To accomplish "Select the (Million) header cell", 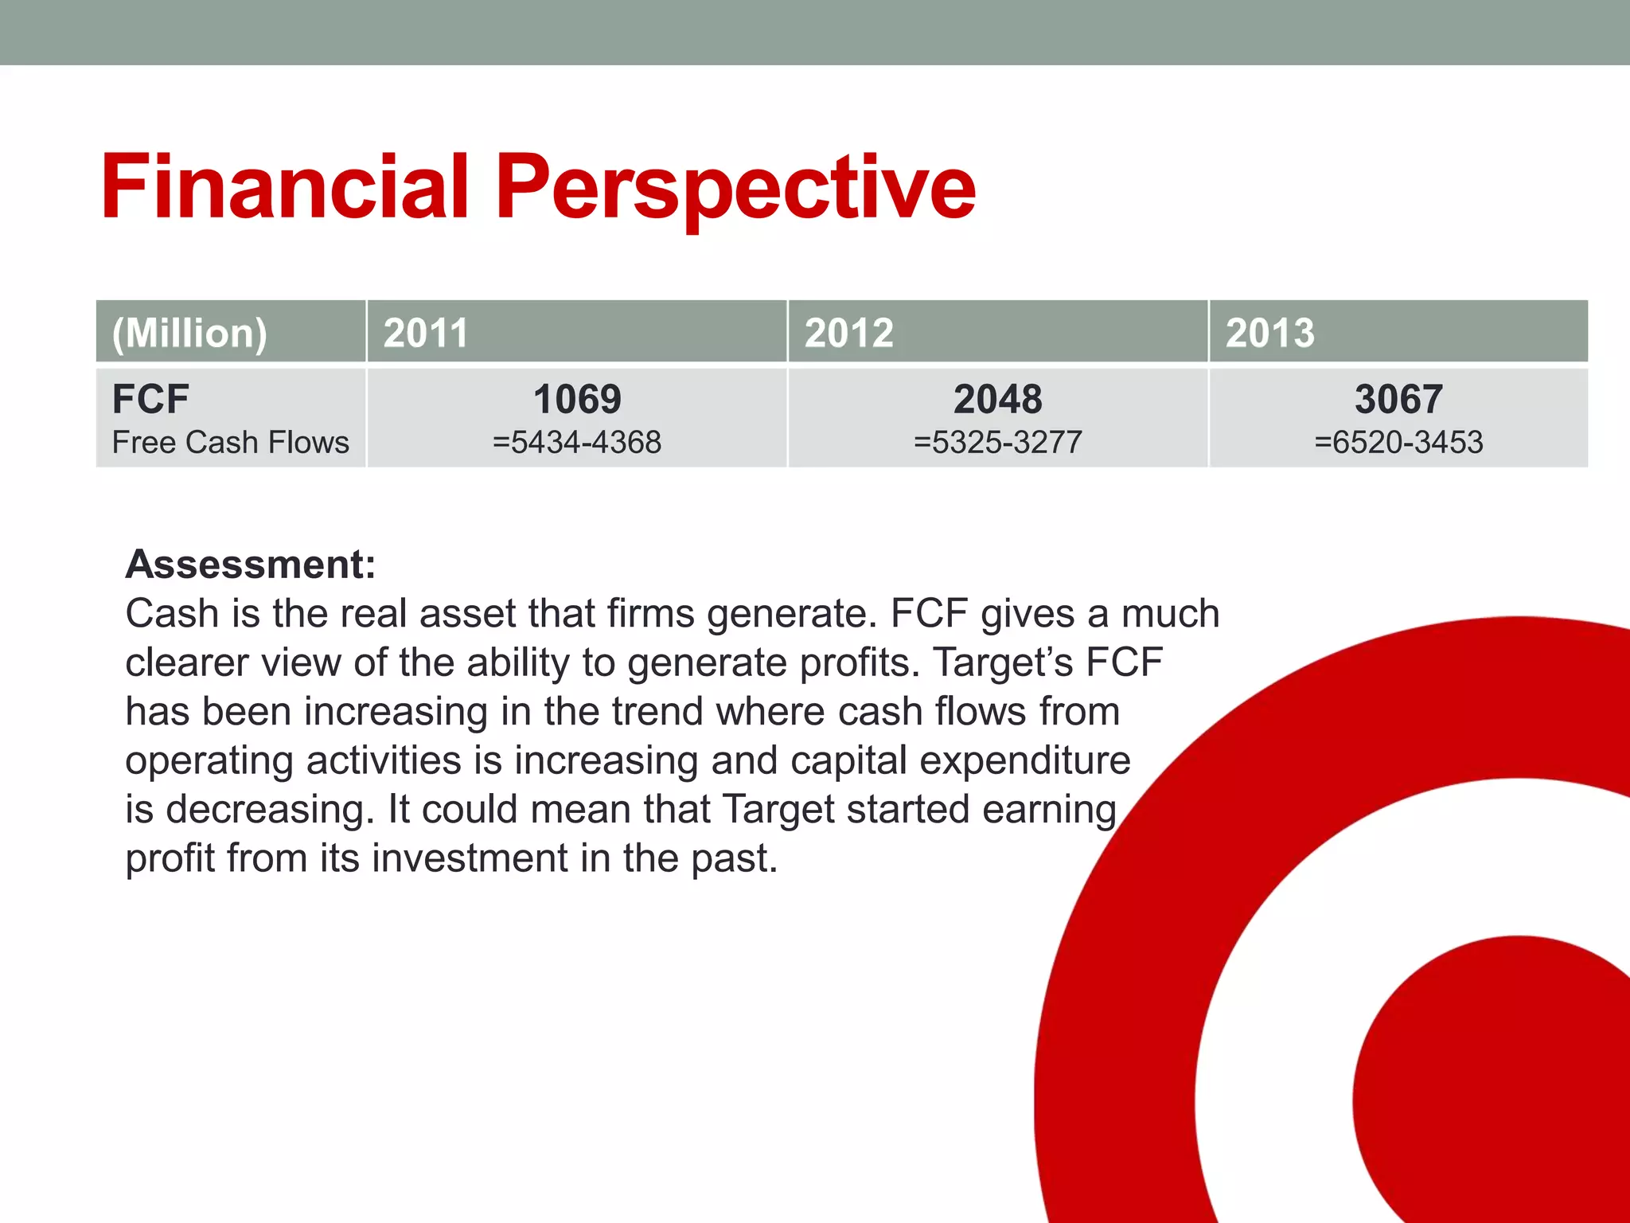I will click(x=189, y=332).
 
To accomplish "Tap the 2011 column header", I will click(x=426, y=332).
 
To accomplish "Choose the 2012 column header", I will click(x=848, y=332).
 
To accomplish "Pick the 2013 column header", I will click(x=1269, y=332).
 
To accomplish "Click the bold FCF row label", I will click(x=150, y=398).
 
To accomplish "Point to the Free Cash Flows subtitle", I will click(x=231, y=442).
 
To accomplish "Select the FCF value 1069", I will click(x=577, y=398).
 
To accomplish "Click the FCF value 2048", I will click(x=997, y=398).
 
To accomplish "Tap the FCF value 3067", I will click(x=1398, y=398).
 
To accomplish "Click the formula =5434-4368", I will click(x=577, y=442).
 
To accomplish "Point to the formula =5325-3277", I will click(x=997, y=442).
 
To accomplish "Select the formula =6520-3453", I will click(x=1398, y=442).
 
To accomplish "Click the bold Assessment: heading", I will click(x=251, y=564).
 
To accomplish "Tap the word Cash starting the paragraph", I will click(x=172, y=614).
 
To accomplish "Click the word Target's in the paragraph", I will click(x=1003, y=662).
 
